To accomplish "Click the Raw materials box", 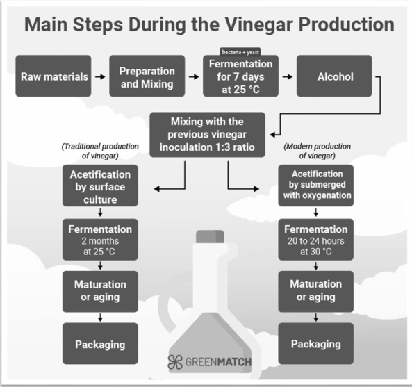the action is coord(53,76).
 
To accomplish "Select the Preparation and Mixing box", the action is coord(147,76).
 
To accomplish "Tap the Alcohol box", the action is coord(334,76).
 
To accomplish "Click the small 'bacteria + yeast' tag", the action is coord(240,52).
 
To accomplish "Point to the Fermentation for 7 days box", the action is coord(240,76).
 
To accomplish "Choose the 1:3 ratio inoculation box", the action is coord(207,135).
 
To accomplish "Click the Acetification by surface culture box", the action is coord(100,186).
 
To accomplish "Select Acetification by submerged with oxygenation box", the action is coord(316,186).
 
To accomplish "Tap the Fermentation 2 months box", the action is coord(100,239).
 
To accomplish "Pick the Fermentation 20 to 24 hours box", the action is coord(316,239).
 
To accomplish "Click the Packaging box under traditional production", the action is coord(100,343).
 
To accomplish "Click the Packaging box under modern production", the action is coord(316,343).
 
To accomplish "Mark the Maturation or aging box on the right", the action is coord(316,291).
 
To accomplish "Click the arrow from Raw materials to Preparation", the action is coord(100,76).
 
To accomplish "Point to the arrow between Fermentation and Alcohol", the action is coord(288,76).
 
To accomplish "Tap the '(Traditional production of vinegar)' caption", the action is coord(100,151).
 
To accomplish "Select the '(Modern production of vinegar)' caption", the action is coord(317,151).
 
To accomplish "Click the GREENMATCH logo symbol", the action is coord(175,362).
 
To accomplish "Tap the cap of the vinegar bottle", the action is coord(210,236).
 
